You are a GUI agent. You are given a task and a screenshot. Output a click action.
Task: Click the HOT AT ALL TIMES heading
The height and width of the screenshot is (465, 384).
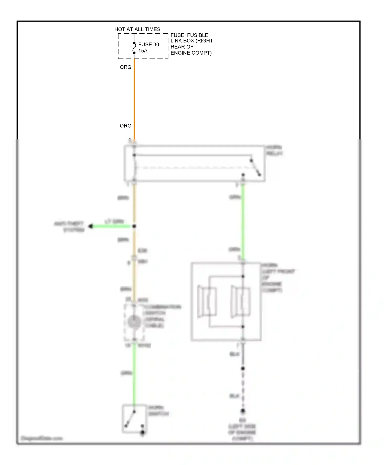point(137,29)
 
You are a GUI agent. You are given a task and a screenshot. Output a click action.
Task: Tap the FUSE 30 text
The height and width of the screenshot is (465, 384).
point(148,44)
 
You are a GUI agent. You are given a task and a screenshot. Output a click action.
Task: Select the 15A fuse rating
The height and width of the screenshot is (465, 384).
point(143,51)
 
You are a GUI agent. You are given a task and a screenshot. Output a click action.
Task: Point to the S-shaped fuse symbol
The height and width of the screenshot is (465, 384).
point(134,48)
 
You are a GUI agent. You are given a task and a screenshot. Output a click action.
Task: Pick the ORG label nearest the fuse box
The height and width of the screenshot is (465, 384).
point(125,67)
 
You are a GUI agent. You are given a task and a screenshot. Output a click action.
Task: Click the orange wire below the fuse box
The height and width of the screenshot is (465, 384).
point(134,97)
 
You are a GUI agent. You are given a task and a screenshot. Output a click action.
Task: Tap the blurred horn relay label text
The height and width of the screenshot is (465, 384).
point(274,150)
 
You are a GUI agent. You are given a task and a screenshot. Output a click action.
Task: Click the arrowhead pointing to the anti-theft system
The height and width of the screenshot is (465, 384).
point(90,226)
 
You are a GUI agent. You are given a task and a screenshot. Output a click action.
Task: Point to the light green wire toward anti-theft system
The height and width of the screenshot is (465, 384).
point(113,226)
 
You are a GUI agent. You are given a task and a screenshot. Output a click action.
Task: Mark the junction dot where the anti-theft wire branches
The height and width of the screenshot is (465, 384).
point(134,226)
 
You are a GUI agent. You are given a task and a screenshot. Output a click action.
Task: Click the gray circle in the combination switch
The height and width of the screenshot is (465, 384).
point(134,322)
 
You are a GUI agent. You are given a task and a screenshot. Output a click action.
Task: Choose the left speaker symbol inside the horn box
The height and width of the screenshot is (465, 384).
point(207,301)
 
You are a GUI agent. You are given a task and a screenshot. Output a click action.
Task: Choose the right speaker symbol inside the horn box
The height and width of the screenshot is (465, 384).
point(240,301)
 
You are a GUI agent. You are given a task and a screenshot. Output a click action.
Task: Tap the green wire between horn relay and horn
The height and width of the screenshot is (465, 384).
point(243,220)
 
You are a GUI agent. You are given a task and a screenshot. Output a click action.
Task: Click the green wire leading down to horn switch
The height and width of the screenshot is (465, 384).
point(134,374)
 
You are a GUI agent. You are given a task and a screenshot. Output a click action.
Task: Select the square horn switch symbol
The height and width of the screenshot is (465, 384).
point(134,419)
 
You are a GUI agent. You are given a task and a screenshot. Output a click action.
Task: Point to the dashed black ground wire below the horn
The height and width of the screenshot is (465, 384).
point(243,390)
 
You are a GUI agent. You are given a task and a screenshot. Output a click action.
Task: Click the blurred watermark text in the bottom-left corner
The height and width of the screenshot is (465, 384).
point(41,438)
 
